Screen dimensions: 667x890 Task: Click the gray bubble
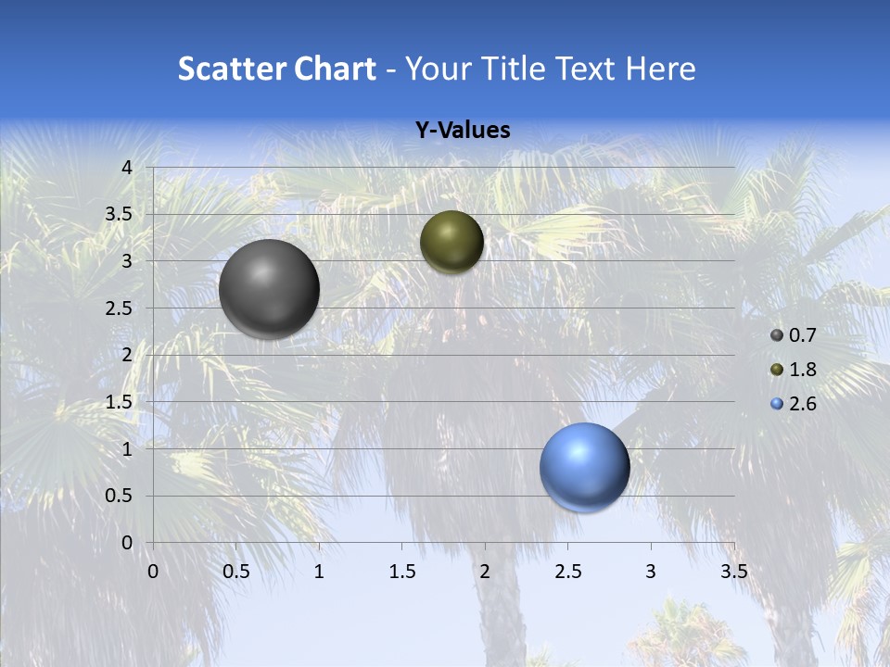(x=270, y=289)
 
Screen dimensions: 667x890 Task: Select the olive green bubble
(x=451, y=242)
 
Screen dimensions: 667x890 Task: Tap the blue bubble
(x=585, y=467)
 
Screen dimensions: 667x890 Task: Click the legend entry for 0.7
(x=794, y=335)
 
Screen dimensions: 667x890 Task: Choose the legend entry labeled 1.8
(x=794, y=370)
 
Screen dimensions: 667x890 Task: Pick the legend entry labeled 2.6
(x=794, y=404)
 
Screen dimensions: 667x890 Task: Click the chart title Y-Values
(x=463, y=131)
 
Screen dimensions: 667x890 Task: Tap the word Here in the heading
(x=660, y=69)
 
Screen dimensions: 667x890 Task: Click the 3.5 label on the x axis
(x=734, y=572)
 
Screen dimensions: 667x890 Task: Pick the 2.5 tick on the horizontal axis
(x=567, y=572)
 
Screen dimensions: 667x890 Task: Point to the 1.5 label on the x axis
(x=401, y=572)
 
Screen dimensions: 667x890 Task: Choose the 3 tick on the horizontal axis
(x=651, y=572)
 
